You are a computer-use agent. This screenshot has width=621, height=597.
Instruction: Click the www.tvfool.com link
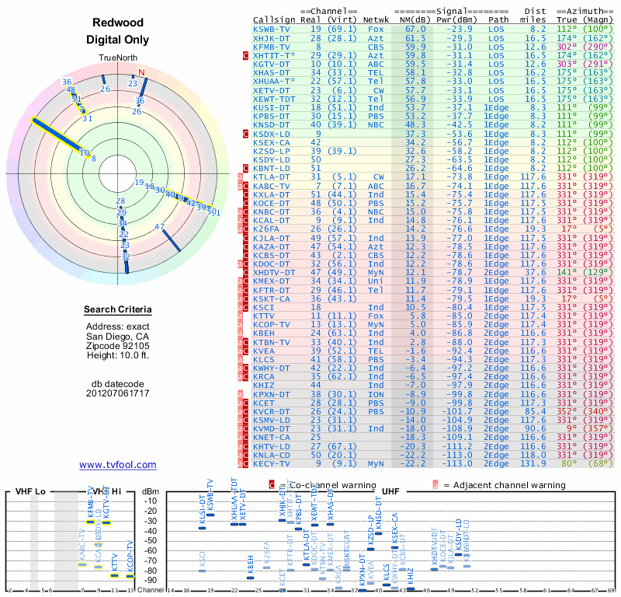click(x=118, y=465)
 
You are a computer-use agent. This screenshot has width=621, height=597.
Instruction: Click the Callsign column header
click(x=273, y=19)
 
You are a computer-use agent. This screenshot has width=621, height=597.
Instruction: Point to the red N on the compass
click(x=141, y=72)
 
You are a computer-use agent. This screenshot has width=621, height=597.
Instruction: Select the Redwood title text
click(x=118, y=23)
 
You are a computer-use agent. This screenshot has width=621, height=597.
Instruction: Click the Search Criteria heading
click(x=118, y=310)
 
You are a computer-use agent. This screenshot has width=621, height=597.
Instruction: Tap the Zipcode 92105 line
click(x=118, y=346)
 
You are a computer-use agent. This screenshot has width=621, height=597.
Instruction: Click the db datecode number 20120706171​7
click(x=118, y=393)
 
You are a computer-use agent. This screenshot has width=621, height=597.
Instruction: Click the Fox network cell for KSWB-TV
click(x=376, y=29)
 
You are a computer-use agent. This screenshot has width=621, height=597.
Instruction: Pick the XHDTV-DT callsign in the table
click(x=274, y=273)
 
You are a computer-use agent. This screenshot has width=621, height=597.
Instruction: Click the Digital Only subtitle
click(x=118, y=40)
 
